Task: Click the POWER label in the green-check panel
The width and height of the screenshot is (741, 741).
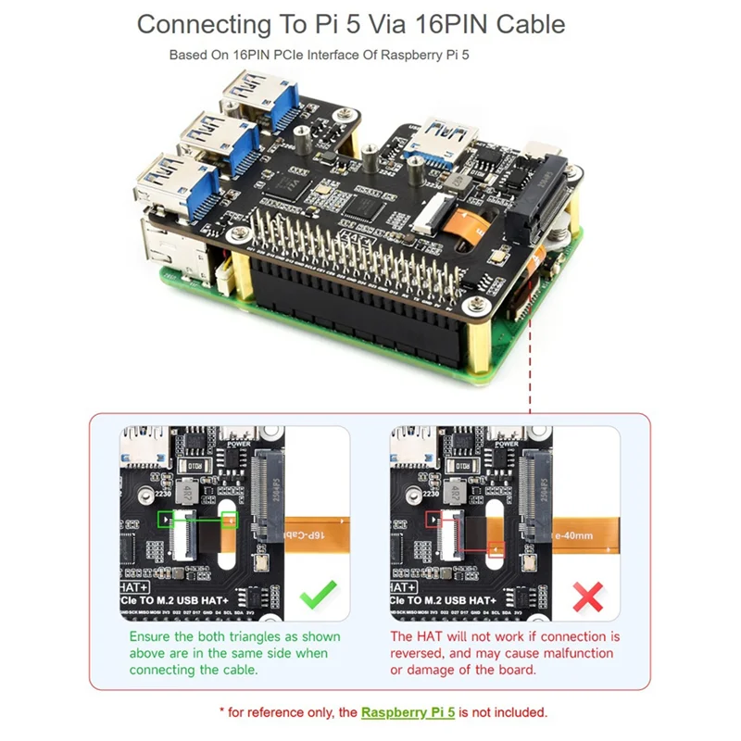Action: (x=237, y=444)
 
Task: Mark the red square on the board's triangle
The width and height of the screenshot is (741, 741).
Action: (x=433, y=521)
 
